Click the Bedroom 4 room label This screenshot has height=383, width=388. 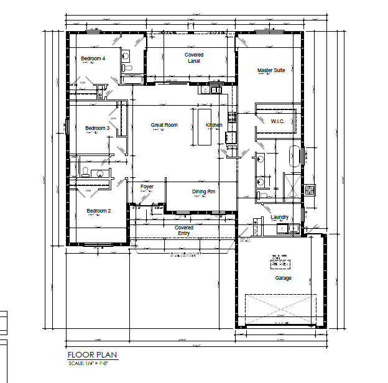[93, 58]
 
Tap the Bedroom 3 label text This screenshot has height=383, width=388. [97, 129]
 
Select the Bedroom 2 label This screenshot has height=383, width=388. [98, 211]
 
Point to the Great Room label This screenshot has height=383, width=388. [164, 126]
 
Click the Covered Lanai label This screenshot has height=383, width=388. [194, 58]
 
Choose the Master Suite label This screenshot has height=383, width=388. [271, 71]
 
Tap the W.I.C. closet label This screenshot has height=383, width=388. [277, 121]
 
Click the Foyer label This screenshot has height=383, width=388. [147, 187]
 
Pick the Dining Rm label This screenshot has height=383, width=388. [203, 191]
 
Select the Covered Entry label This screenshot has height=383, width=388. [184, 230]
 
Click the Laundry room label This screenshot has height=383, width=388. [280, 217]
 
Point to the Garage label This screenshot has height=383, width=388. [284, 278]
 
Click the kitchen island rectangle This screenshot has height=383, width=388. [205, 126]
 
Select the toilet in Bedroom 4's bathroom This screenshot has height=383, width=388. [126, 57]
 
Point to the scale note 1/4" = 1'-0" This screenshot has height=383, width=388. [92, 362]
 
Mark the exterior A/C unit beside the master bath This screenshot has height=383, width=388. [310, 190]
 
